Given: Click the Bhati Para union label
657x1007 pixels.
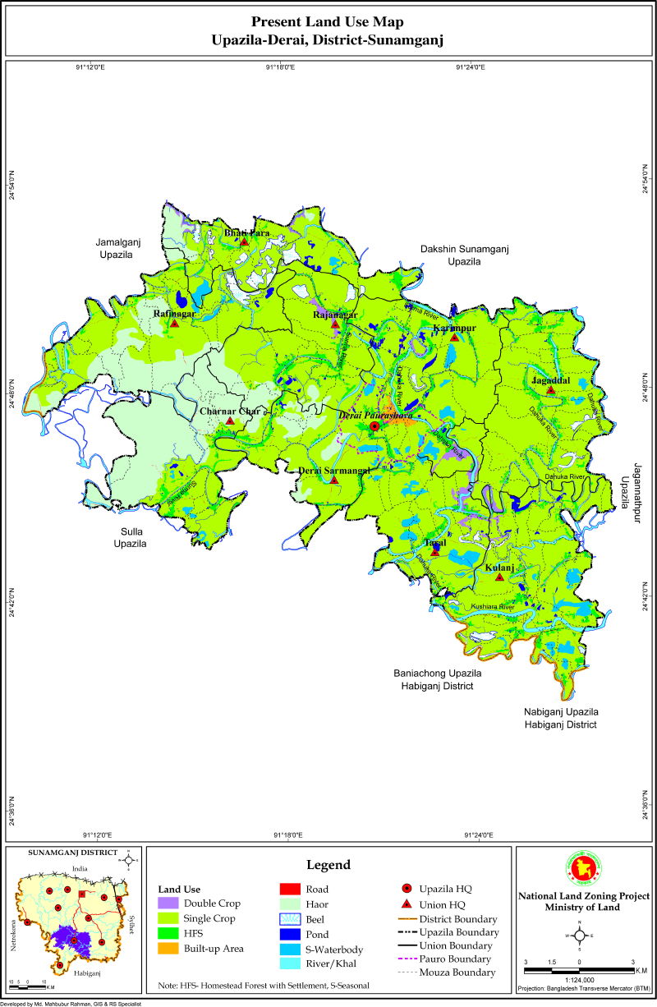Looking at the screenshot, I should pyautogui.click(x=247, y=232).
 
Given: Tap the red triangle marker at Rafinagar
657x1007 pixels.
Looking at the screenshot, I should pyautogui.click(x=174, y=323).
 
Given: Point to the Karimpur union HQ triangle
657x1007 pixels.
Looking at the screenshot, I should pyautogui.click(x=453, y=338).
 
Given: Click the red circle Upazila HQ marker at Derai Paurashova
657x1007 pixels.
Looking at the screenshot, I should pyautogui.click(x=374, y=426).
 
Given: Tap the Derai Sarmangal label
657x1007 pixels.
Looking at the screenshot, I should pyautogui.click(x=333, y=470).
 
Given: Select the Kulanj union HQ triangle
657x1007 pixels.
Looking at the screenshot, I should pyautogui.click(x=499, y=577).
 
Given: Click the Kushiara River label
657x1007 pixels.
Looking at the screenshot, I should pyautogui.click(x=492, y=607).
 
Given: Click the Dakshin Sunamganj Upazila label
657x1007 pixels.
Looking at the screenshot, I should pyautogui.click(x=463, y=255).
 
